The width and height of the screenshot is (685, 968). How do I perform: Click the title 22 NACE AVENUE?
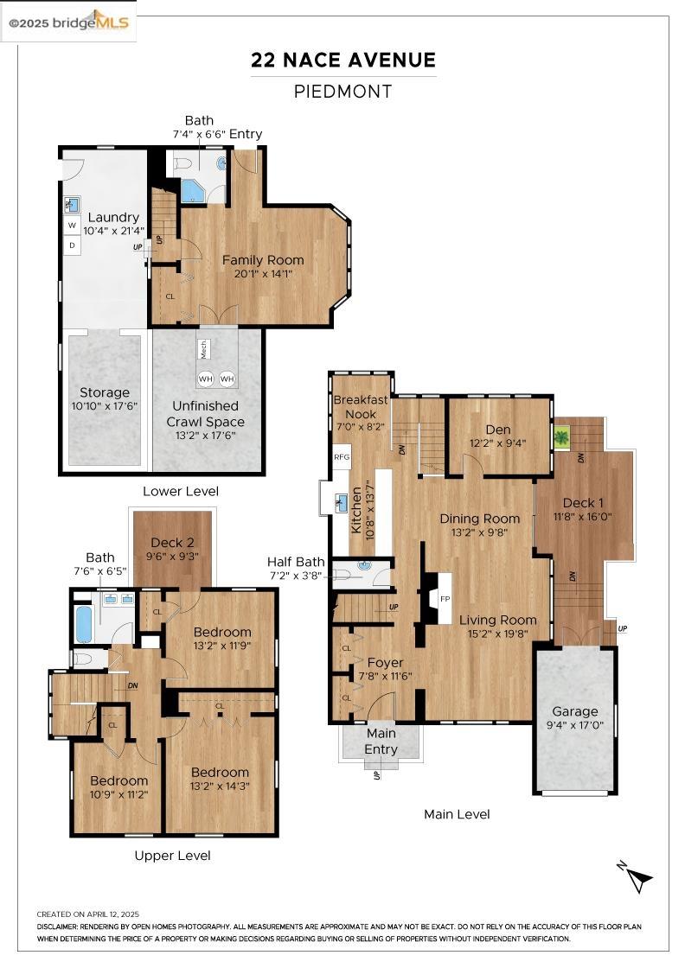pyautogui.click(x=343, y=60)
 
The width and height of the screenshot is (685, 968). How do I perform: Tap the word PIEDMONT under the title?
pyautogui.click(x=342, y=92)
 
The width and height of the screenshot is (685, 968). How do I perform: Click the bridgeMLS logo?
pyautogui.click(x=68, y=22)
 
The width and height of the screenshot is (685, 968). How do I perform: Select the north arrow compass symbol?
pyautogui.click(x=636, y=876)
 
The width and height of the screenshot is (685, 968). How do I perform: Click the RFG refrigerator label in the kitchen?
pyautogui.click(x=342, y=457)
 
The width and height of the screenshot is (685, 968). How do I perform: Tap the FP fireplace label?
pyautogui.click(x=445, y=599)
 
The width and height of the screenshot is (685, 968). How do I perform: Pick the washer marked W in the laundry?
pyautogui.click(x=73, y=226)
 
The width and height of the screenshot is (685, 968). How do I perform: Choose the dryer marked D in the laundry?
pyautogui.click(x=73, y=245)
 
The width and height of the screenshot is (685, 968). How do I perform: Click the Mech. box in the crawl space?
pyautogui.click(x=204, y=349)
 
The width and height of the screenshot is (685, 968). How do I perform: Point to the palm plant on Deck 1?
pyautogui.click(x=561, y=439)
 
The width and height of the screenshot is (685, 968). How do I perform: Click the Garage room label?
pyautogui.click(x=575, y=711)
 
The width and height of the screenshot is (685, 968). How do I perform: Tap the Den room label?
pyautogui.click(x=498, y=430)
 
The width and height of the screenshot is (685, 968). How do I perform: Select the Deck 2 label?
pyautogui.click(x=172, y=543)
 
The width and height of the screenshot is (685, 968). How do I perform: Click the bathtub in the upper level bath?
pyautogui.click(x=84, y=624)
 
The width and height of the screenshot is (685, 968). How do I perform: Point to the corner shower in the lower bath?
pyautogui.click(x=194, y=191)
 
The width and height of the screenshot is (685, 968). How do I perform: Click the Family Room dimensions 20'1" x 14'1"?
pyautogui.click(x=263, y=273)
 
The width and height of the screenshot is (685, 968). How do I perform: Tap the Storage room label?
pyautogui.click(x=105, y=392)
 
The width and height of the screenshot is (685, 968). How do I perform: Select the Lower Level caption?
pyautogui.click(x=181, y=492)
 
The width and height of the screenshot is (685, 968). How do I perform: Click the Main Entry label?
pyautogui.click(x=381, y=742)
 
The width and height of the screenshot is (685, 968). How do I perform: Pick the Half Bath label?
pyautogui.click(x=296, y=562)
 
